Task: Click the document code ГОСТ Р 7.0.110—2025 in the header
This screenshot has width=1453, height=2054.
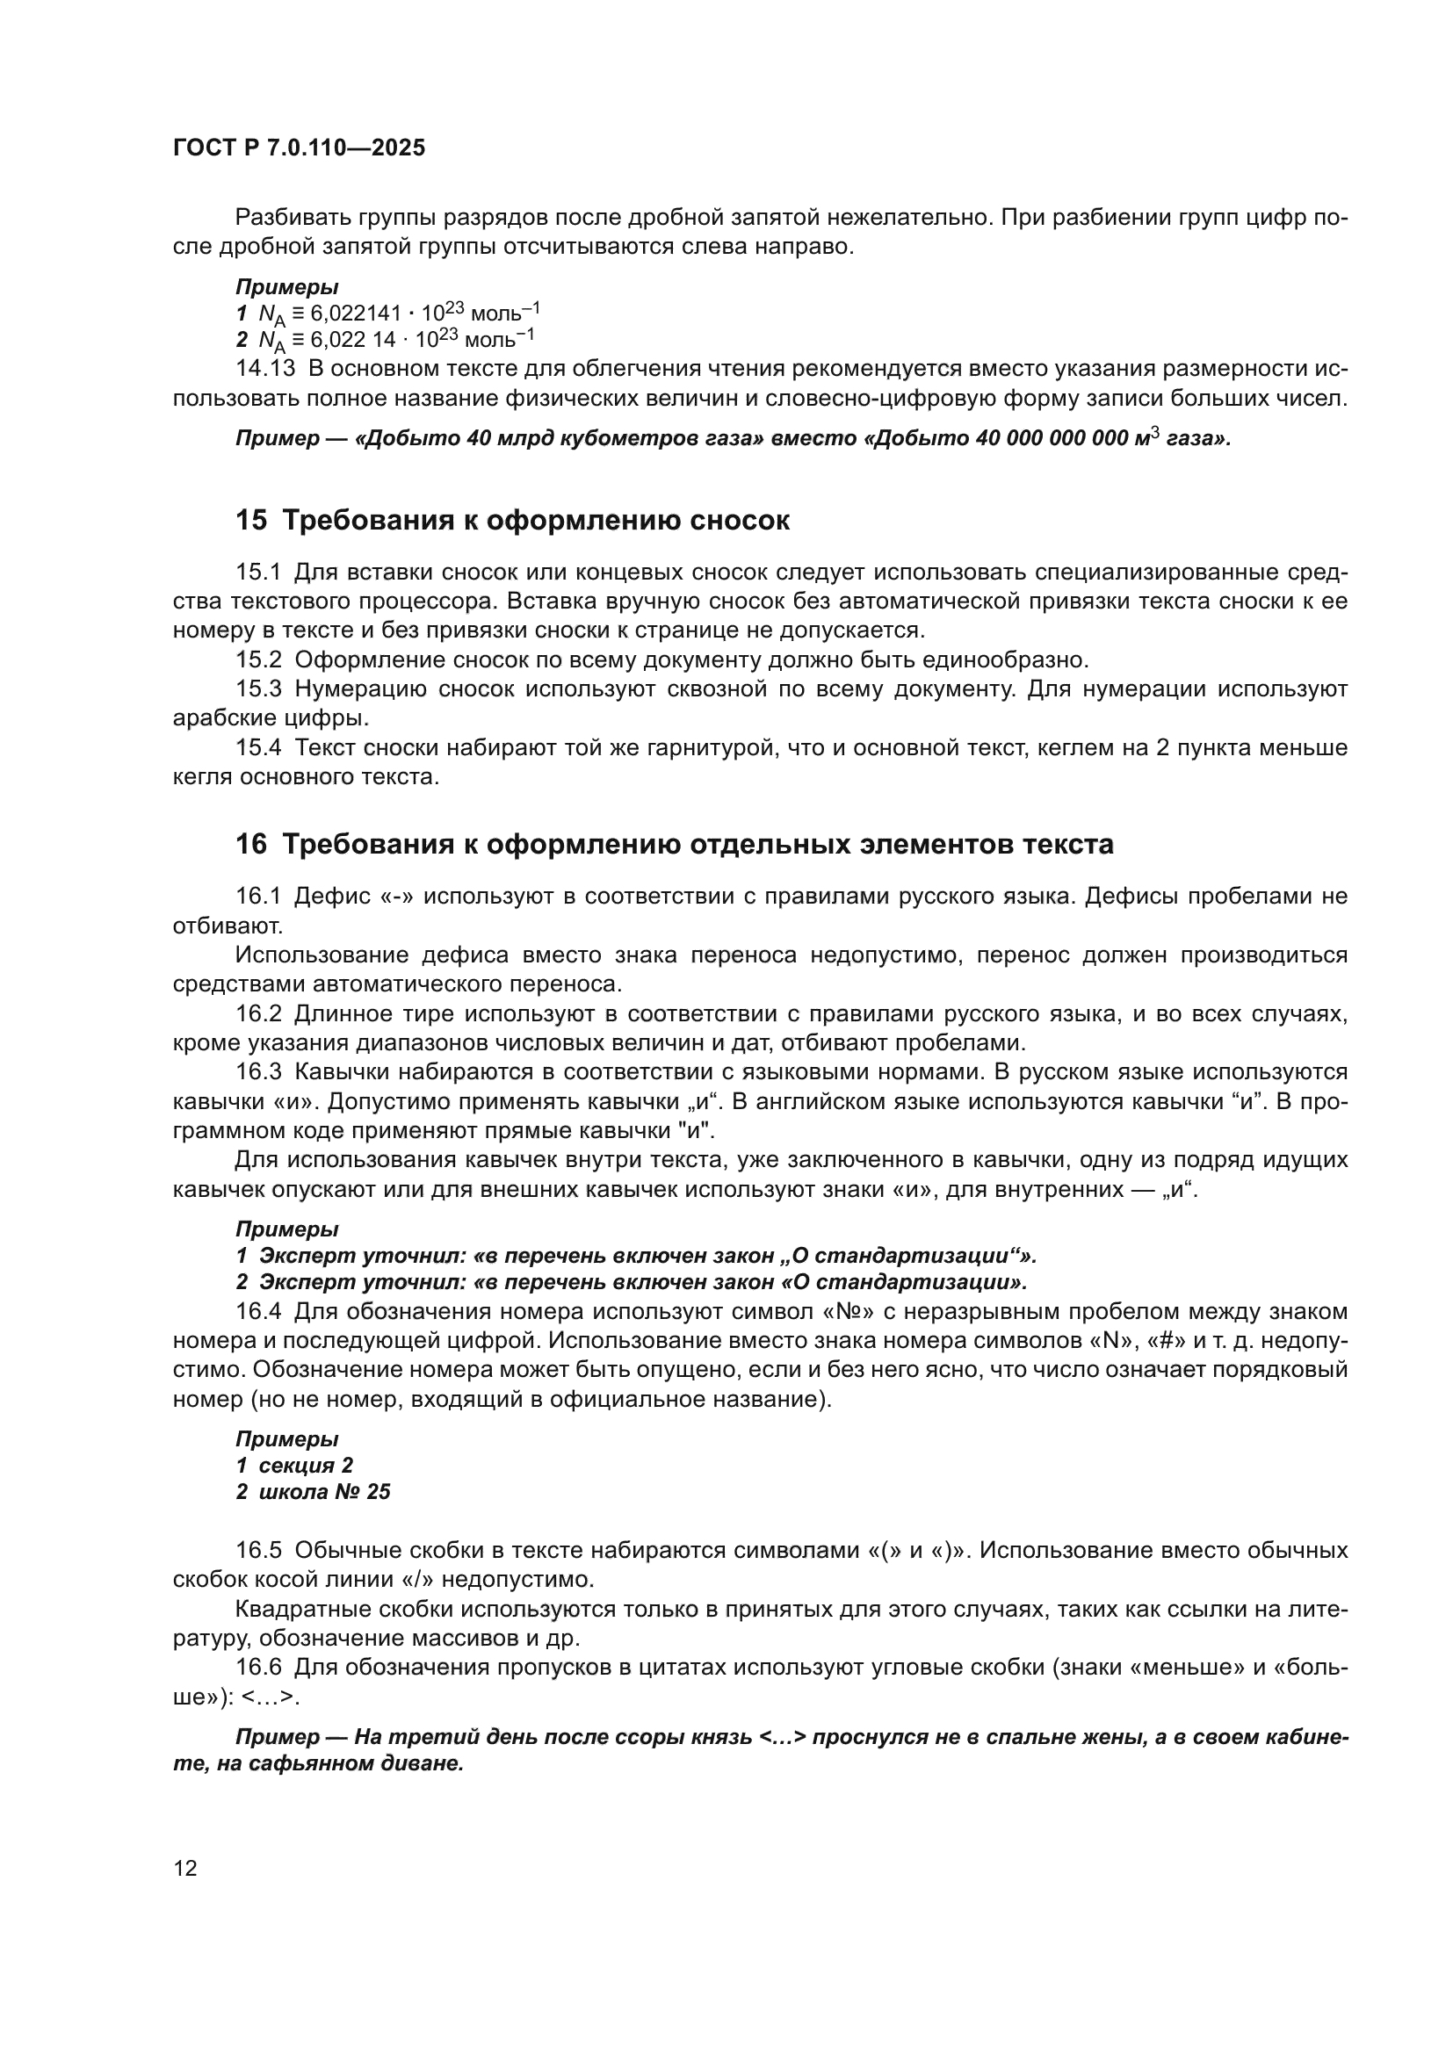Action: pyautogui.click(x=299, y=148)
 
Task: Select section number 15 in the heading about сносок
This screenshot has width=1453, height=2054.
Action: pyautogui.click(x=250, y=521)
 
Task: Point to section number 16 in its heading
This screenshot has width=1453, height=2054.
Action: pyautogui.click(x=250, y=845)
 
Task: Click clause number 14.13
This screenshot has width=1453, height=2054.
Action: pyautogui.click(x=264, y=369)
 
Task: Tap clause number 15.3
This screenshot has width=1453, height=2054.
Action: pyautogui.click(x=258, y=688)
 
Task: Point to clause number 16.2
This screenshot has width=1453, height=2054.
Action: pyautogui.click(x=258, y=1013)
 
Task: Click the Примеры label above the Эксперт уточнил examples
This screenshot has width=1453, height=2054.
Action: pyautogui.click(x=286, y=1229)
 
